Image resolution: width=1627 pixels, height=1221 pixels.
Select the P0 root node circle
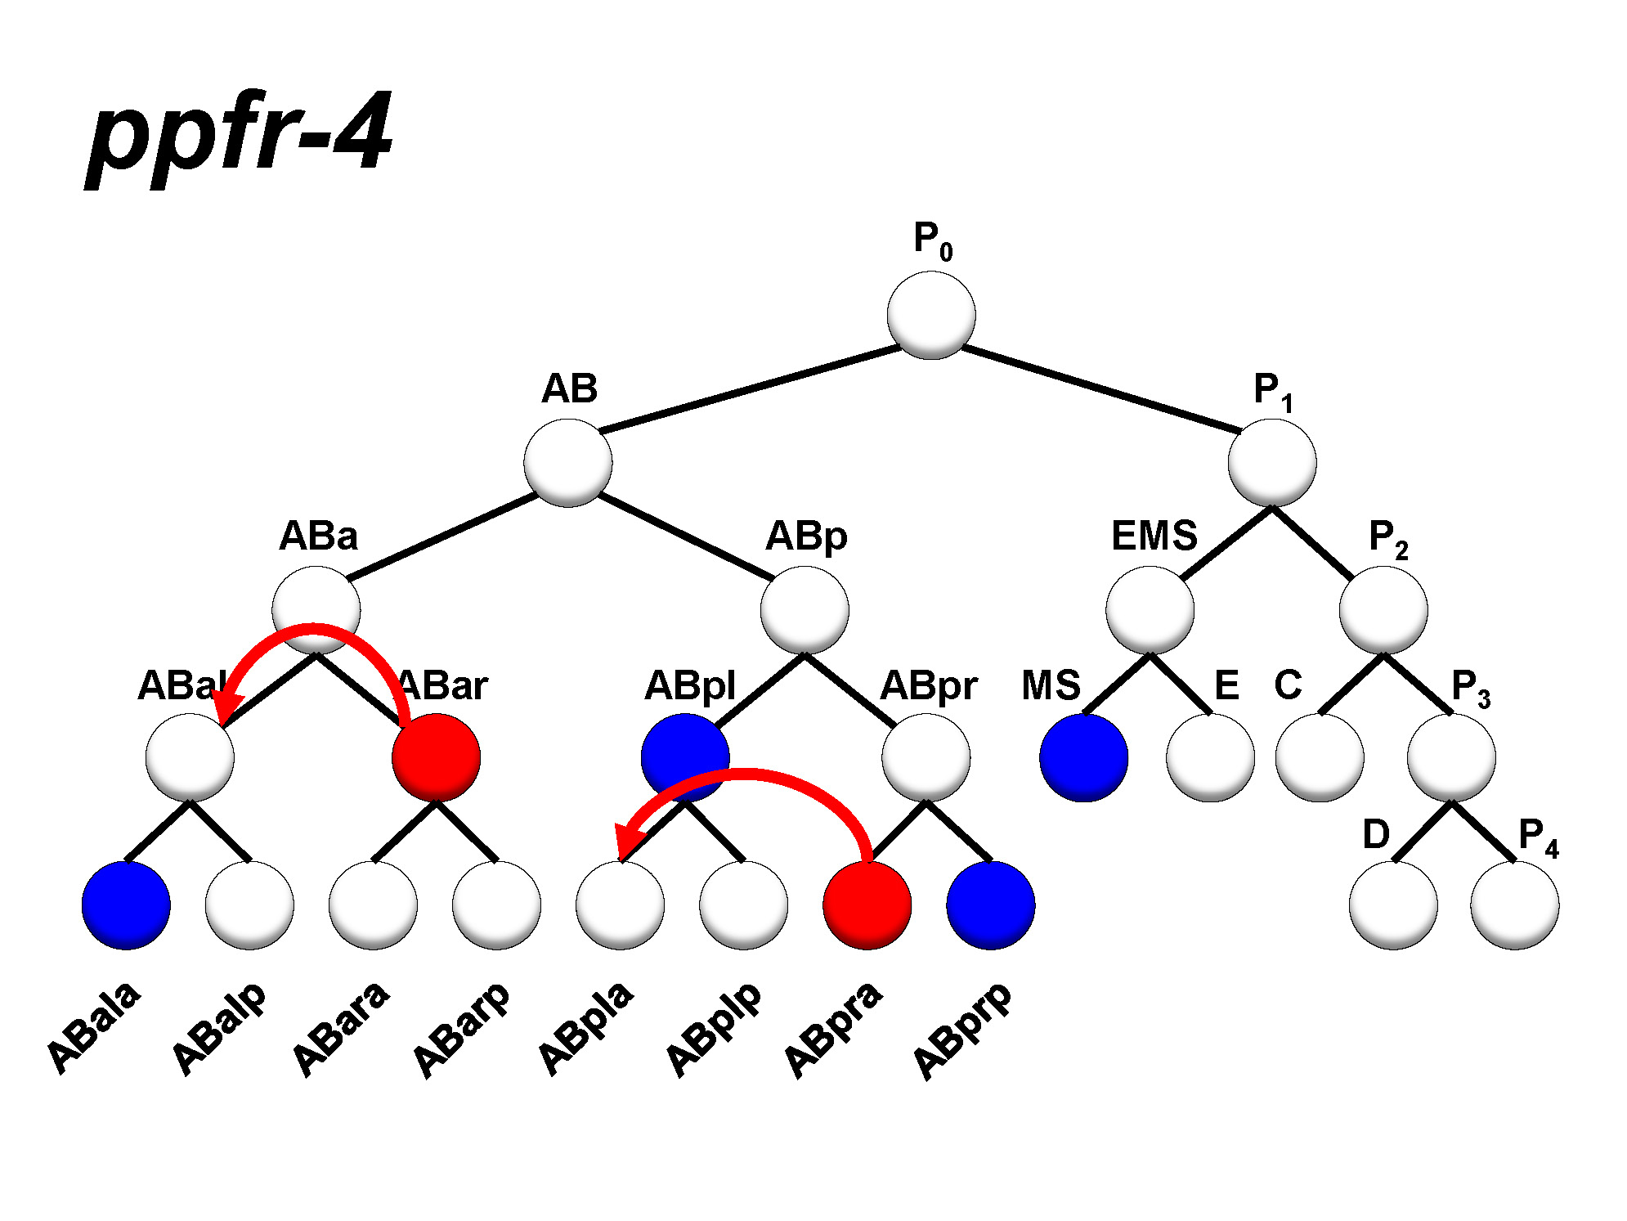930,316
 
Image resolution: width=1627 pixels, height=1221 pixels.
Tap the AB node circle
567,463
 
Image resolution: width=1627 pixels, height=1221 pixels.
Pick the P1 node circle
1271,463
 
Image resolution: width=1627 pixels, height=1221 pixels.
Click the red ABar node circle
436,757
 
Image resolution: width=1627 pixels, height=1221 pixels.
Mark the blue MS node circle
1083,757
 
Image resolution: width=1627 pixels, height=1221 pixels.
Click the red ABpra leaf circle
867,905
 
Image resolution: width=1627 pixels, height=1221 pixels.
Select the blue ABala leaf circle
126,905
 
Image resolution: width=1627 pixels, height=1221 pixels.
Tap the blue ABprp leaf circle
990,905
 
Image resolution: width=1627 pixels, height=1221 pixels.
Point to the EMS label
1154,536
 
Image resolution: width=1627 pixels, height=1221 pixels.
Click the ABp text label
806,536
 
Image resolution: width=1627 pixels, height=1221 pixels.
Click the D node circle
1392,905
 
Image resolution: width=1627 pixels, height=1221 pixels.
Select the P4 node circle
1514,905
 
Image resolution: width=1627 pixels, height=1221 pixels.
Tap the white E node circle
1210,757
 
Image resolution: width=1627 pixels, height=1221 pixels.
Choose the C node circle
1320,757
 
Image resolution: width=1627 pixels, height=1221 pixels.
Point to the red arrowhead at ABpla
627,842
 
